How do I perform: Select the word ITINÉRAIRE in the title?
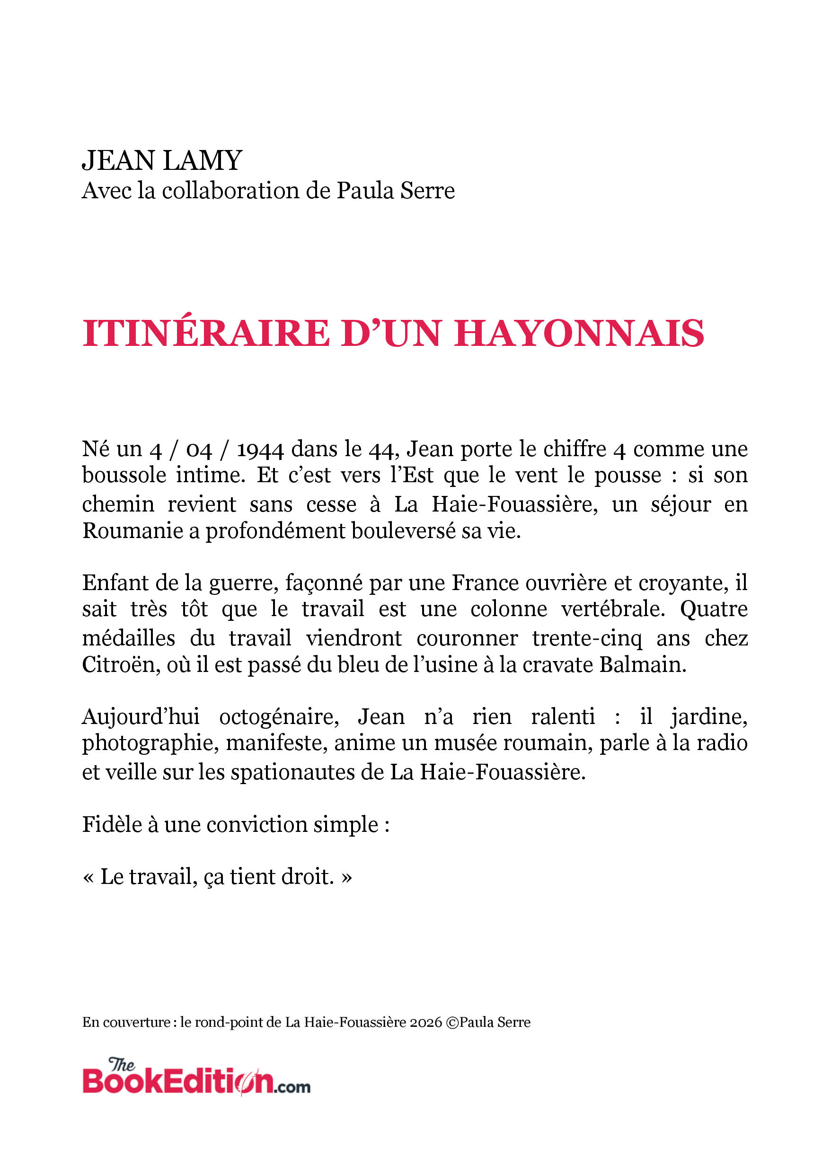206,334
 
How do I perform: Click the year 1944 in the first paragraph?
260,450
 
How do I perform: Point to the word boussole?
124,475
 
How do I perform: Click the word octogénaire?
279,717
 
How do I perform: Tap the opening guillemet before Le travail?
88,877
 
